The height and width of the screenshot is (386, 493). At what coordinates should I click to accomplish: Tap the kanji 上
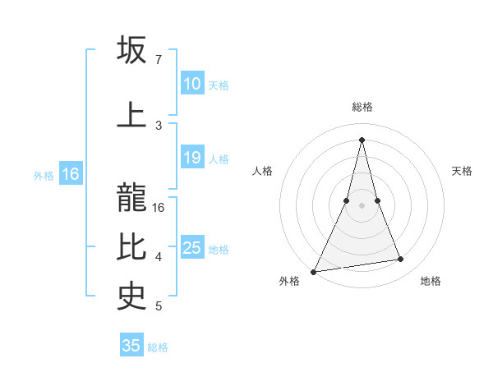(132, 113)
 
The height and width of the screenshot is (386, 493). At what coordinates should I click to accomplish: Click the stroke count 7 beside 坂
(158, 60)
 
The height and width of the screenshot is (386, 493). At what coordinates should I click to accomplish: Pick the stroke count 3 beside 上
(159, 125)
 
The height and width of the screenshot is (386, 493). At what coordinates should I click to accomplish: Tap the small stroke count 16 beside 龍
(159, 208)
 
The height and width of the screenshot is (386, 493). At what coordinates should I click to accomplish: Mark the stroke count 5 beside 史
(159, 306)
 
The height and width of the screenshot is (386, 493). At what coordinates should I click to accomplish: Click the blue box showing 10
(192, 84)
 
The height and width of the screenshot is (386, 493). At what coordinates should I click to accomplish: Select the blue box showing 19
(192, 158)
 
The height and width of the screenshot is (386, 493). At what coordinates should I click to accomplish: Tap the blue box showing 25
(192, 248)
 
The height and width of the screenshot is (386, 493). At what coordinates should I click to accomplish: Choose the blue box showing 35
(131, 346)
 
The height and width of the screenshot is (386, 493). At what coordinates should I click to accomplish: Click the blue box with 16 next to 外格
(70, 174)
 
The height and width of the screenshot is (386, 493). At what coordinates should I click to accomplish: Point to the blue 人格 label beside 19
(219, 159)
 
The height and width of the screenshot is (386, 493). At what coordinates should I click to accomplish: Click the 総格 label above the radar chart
(362, 107)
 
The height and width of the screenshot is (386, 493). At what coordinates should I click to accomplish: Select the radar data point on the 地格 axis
(401, 260)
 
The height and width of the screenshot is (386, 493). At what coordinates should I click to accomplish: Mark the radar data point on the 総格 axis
(362, 139)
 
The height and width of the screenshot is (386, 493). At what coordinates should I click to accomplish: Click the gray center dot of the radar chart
(362, 205)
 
